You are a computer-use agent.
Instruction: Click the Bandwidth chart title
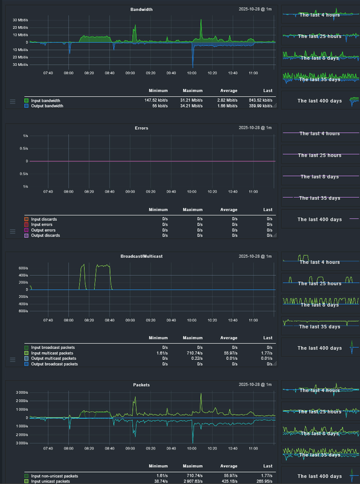click(142, 10)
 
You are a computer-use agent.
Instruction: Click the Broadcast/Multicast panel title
click(142, 257)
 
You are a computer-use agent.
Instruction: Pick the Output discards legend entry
click(46, 235)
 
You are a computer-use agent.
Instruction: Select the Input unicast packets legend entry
click(51, 482)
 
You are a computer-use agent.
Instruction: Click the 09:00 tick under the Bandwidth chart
click(130, 73)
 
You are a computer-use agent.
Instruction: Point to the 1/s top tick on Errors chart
click(25, 136)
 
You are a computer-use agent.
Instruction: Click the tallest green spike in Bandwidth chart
click(201, 21)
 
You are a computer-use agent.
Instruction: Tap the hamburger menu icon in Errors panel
click(13, 231)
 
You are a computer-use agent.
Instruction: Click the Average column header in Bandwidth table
click(229, 92)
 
